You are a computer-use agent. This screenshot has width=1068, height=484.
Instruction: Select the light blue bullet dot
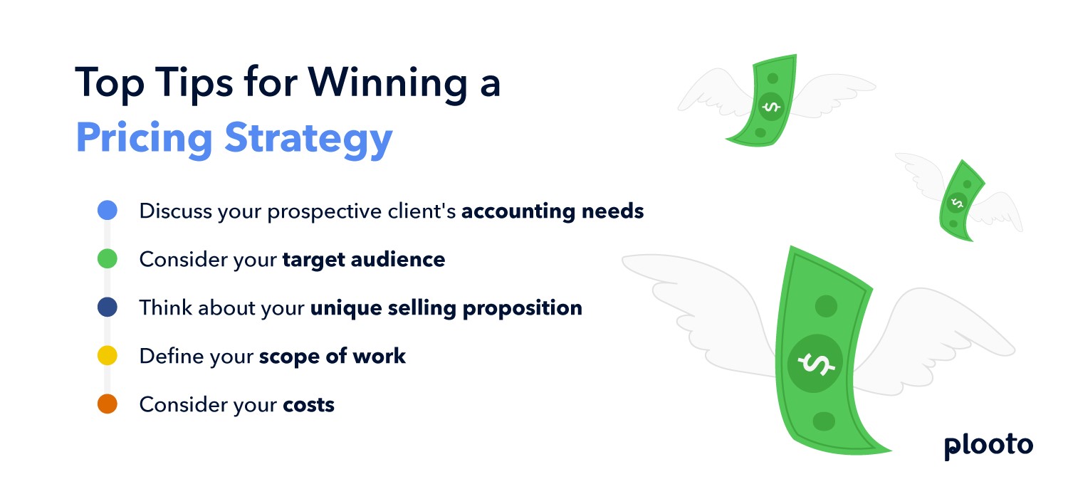(107, 211)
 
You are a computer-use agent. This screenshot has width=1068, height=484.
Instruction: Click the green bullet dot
(107, 259)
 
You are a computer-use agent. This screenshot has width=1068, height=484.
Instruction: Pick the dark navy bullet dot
(107, 307)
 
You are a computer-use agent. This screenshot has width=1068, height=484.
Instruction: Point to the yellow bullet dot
(107, 356)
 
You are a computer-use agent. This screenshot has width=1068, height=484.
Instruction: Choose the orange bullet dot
(107, 404)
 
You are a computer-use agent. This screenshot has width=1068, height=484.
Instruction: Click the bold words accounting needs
(553, 211)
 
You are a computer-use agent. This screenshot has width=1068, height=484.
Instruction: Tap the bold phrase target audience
(363, 260)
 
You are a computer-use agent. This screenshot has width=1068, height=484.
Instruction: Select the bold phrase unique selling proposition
(446, 307)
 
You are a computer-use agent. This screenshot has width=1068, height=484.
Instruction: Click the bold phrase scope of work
(332, 356)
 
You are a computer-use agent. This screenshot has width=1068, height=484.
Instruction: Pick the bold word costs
(308, 405)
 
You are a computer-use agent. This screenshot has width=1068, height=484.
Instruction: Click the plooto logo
(988, 446)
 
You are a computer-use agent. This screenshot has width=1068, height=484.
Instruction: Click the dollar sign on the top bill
(770, 107)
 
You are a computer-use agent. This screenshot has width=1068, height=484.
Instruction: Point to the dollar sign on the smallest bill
(957, 203)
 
